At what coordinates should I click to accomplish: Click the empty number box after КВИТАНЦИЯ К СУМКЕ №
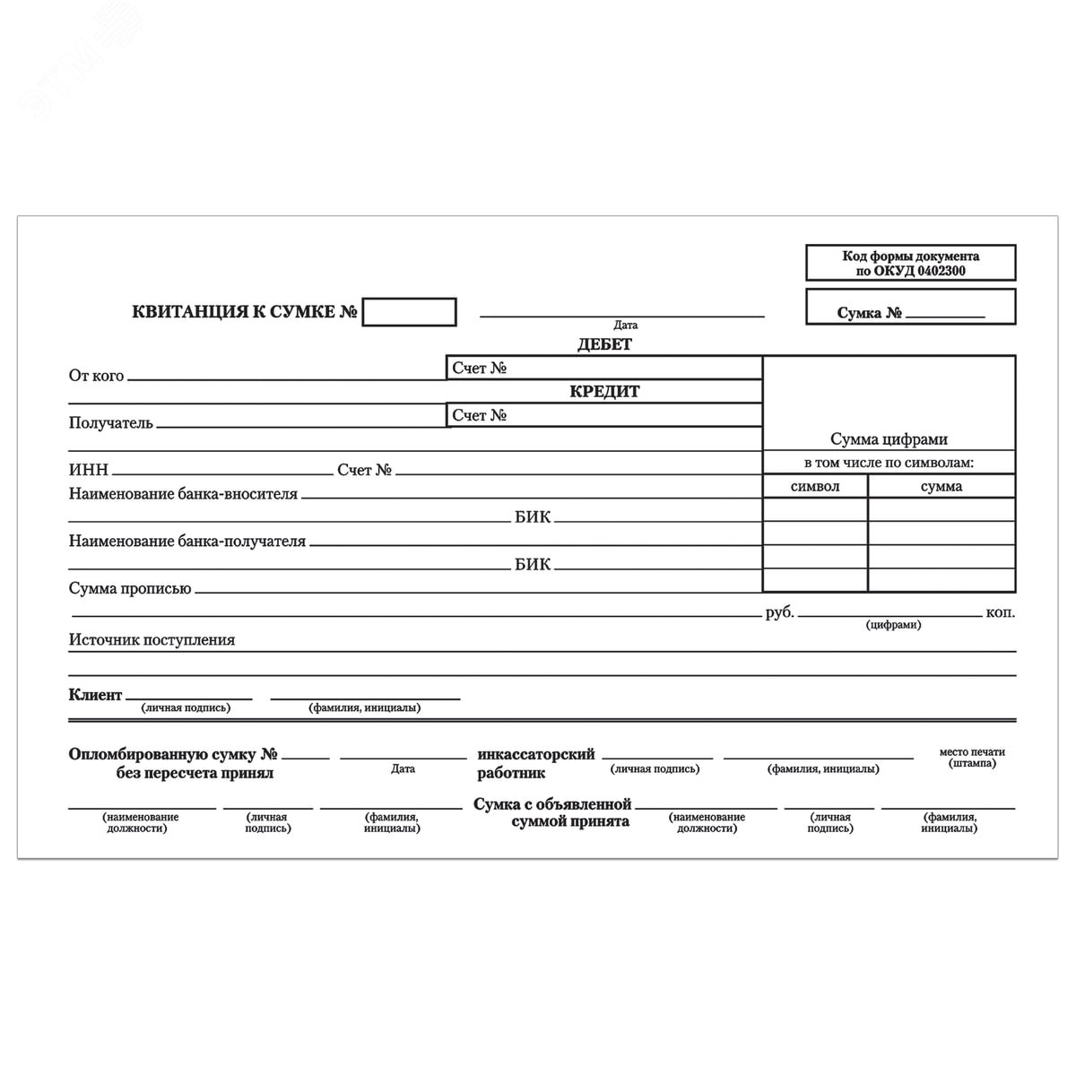[x=409, y=312]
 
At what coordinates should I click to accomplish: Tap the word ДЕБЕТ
[x=604, y=344]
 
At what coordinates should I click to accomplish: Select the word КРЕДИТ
[x=604, y=392]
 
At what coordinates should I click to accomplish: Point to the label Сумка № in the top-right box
[x=869, y=313]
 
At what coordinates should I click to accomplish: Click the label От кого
[x=96, y=376]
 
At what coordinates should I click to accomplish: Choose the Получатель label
[x=111, y=423]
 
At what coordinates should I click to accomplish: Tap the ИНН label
[x=88, y=470]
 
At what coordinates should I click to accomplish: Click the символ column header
[x=815, y=486]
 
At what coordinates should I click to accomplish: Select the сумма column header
[x=941, y=486]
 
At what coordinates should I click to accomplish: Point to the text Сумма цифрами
[x=889, y=439]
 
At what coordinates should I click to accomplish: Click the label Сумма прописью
[x=130, y=589]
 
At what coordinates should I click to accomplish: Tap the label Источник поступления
[x=152, y=640]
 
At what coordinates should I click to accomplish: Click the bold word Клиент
[x=95, y=695]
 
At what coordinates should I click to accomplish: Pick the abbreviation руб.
[x=780, y=613]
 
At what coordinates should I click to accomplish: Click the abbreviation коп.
[x=1001, y=613]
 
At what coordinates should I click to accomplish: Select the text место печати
[x=972, y=752]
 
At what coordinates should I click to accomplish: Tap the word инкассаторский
[x=536, y=755]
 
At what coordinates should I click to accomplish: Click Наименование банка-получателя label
[x=187, y=542]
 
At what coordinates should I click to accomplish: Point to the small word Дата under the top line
[x=625, y=325]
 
